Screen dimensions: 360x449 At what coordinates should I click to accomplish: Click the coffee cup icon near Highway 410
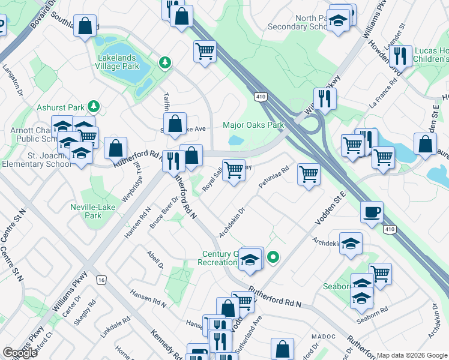372,212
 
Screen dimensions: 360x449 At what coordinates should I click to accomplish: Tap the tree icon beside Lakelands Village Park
164,62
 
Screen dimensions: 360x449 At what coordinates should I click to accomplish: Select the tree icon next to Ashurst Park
93,107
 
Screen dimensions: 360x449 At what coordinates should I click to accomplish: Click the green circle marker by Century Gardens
273,258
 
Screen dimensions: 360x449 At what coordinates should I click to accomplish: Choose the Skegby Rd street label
89,313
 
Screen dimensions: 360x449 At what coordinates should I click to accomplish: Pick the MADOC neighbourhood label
321,337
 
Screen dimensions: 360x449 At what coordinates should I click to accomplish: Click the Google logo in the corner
20,353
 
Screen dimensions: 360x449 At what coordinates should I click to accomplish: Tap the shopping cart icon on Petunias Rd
309,175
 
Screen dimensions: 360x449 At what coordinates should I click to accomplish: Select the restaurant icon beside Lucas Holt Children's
400,56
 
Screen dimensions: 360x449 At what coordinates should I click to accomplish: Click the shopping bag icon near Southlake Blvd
86,26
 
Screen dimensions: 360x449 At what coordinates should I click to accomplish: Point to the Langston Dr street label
11,79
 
